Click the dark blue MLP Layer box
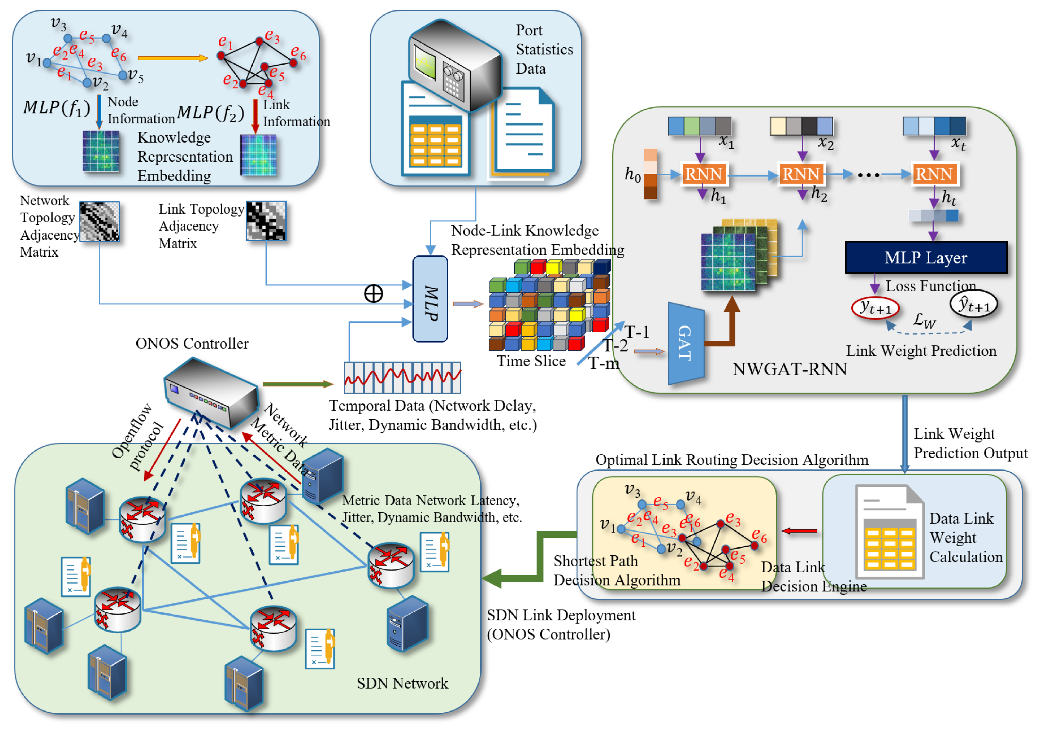pos(926,257)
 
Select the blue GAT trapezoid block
pos(686,343)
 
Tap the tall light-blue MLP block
pos(430,299)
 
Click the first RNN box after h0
pos(704,174)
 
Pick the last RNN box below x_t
pos(934,174)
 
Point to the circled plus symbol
pos(374,294)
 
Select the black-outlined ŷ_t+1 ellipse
pos(973,305)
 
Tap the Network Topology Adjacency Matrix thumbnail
pos(99,221)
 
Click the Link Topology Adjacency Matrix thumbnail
pos(266,221)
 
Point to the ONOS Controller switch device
pos(211,392)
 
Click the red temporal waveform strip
pos(402,377)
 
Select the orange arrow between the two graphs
pos(173,58)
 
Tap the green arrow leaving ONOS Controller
pos(298,384)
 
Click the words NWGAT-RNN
pos(789,369)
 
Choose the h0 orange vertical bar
pos(650,174)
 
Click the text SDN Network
pos(402,683)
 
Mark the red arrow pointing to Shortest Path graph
pos(799,531)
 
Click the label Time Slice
pos(531,361)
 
